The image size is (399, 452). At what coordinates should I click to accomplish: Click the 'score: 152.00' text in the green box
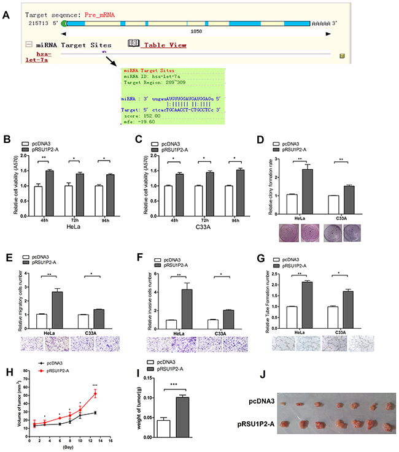pos(139,115)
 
